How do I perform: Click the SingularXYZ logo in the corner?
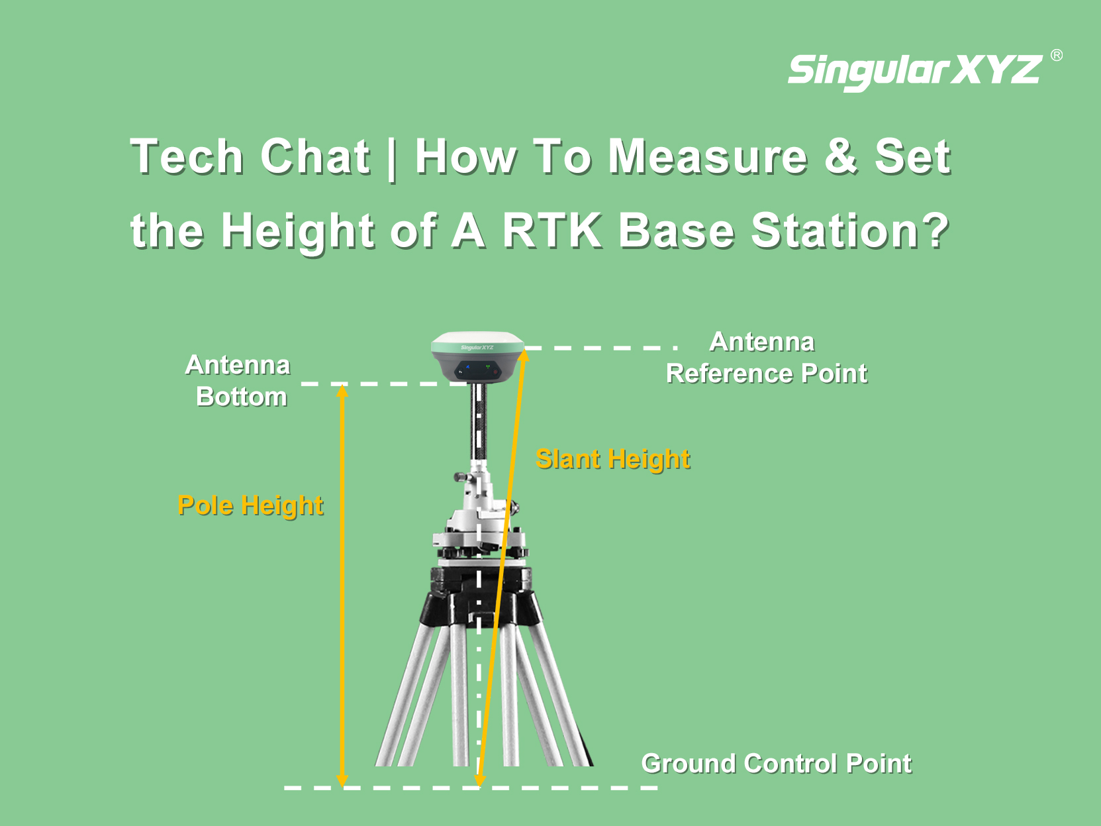(x=916, y=72)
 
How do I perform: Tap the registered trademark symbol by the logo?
(x=1057, y=55)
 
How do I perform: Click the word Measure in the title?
(x=708, y=156)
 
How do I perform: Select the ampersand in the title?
(x=841, y=156)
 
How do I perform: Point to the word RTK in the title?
(x=551, y=231)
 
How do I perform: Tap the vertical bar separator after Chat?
(x=392, y=158)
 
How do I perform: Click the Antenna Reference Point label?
(x=767, y=358)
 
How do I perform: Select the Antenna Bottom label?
(x=238, y=381)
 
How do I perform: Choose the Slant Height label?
(x=613, y=459)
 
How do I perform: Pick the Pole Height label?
(x=250, y=505)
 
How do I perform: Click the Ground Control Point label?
(x=777, y=764)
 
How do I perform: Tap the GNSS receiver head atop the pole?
(x=477, y=357)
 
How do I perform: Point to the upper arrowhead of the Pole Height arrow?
(x=342, y=390)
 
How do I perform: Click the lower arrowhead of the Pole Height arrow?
(x=342, y=780)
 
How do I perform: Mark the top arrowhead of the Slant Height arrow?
(x=523, y=355)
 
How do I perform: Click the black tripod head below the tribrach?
(x=480, y=596)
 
